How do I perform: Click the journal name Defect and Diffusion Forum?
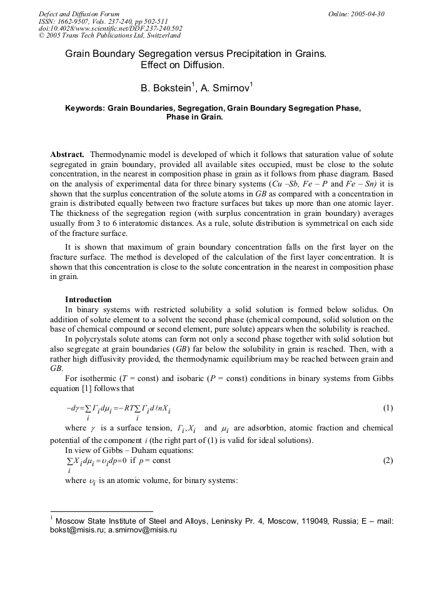(79, 14)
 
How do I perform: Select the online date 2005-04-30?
(367, 14)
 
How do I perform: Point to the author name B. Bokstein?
(165, 88)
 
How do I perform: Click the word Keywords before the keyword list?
(85, 108)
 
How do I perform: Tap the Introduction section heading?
(88, 300)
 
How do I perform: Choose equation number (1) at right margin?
(388, 408)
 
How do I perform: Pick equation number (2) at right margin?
(388, 460)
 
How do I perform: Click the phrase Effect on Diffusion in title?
(183, 65)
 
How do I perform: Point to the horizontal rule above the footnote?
(101, 511)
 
